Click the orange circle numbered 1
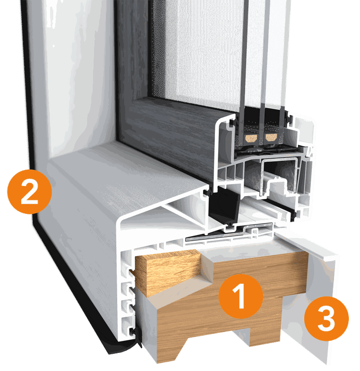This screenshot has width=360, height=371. click(240, 296)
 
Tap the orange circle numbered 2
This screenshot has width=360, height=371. click(30, 192)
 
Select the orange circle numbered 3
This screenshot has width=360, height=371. click(326, 318)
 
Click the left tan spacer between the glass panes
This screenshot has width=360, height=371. click(251, 138)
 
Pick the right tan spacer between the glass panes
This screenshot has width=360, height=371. click(271, 137)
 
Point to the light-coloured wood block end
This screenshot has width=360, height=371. click(168, 272)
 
